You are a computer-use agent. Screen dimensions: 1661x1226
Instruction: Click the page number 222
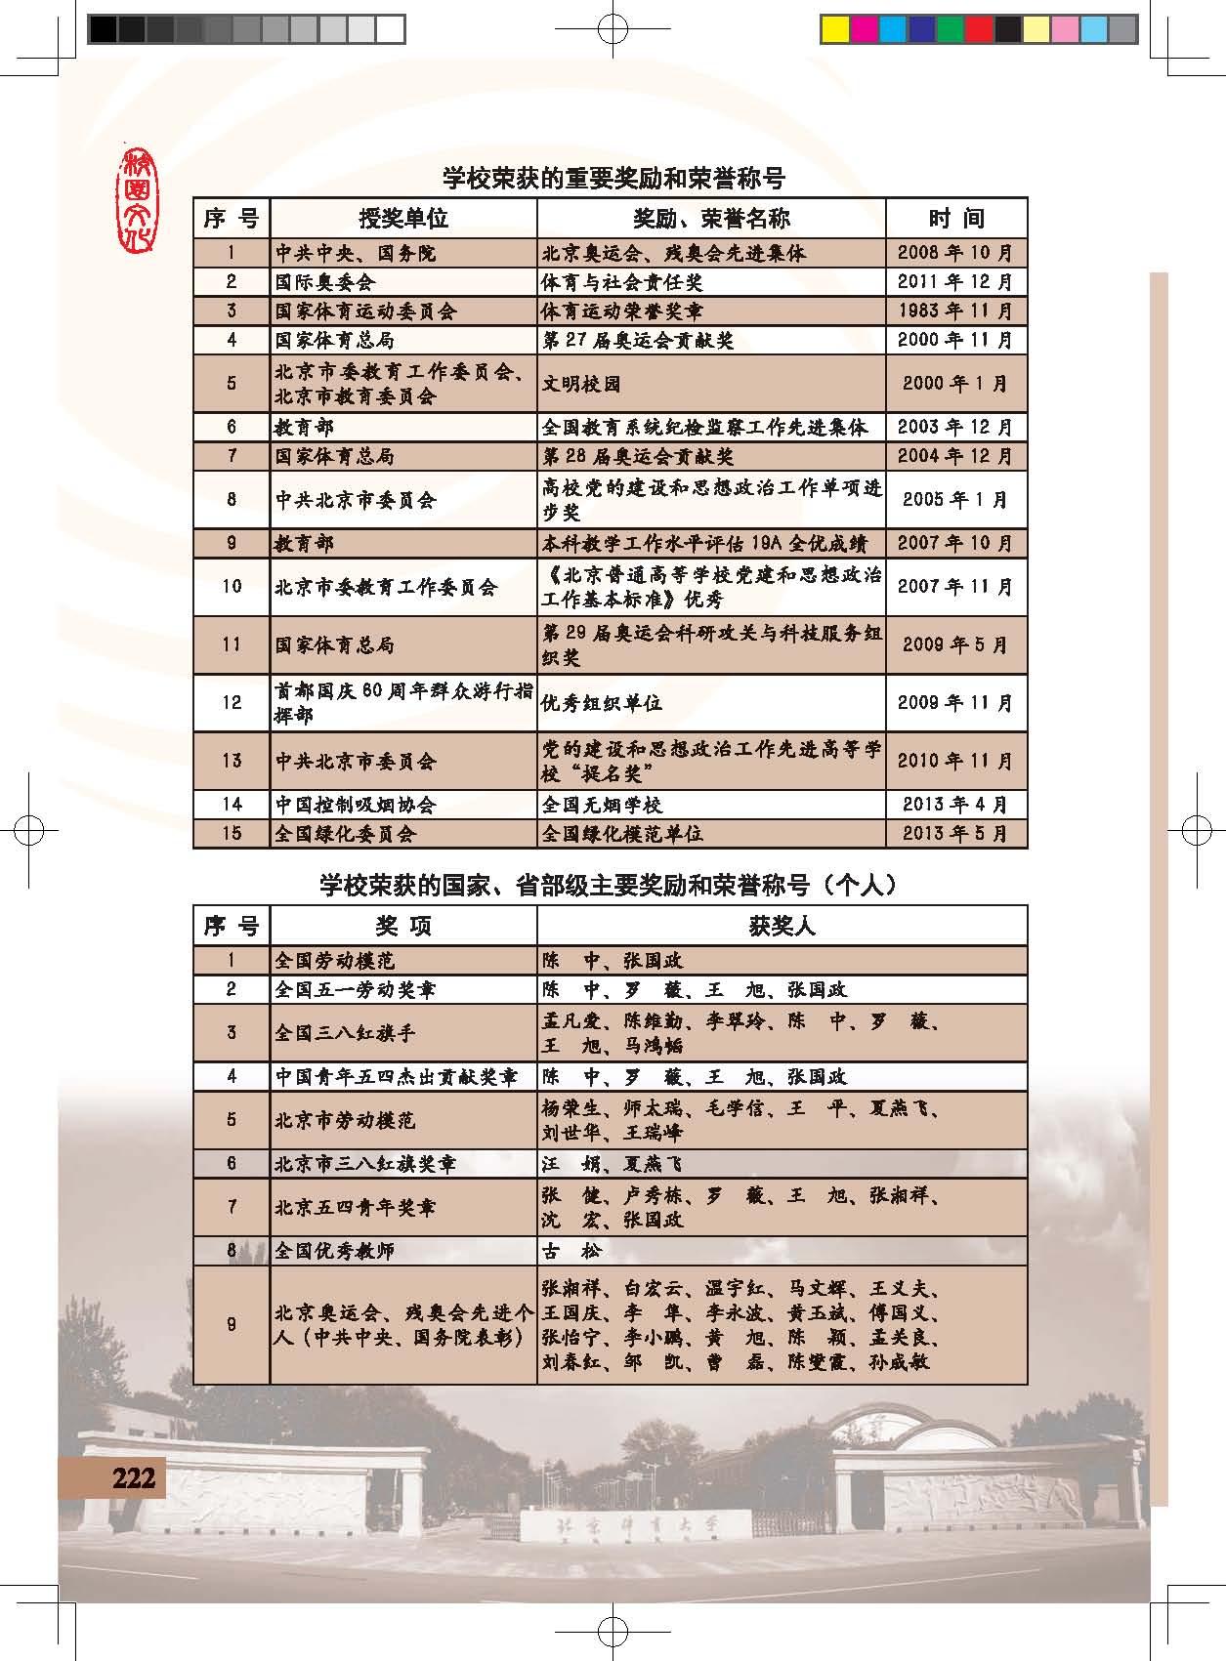133,1477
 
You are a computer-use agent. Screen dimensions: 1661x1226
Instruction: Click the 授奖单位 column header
402,218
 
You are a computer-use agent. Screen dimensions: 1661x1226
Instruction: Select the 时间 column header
955,218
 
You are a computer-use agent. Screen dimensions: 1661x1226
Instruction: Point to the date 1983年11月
955,311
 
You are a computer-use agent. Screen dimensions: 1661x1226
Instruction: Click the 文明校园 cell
581,384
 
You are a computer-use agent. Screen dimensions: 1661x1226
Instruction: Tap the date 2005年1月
955,499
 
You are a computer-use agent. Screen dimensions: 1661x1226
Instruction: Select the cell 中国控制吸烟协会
356,805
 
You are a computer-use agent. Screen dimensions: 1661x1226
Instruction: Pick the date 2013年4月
955,805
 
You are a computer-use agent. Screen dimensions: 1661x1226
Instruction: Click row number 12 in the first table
232,702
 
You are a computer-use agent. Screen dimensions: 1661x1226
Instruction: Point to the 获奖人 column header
782,925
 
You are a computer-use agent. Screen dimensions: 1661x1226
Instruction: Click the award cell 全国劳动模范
335,960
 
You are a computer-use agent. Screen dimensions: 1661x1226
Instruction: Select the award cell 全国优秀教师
335,1251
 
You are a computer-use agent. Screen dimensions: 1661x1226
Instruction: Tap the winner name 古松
572,1251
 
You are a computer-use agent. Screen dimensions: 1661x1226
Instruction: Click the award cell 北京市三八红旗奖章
365,1164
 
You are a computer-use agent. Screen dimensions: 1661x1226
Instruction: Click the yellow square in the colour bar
834,29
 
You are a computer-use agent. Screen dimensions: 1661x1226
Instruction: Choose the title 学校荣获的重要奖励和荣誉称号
613,179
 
